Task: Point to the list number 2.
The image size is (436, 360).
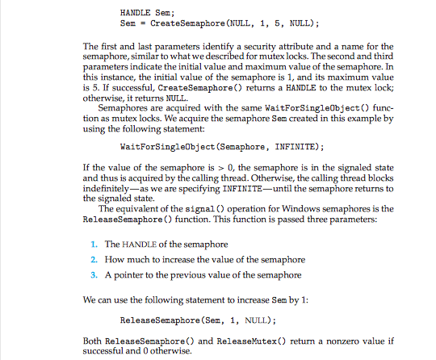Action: pyautogui.click(x=94, y=259)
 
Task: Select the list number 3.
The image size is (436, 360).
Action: pyautogui.click(x=94, y=275)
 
